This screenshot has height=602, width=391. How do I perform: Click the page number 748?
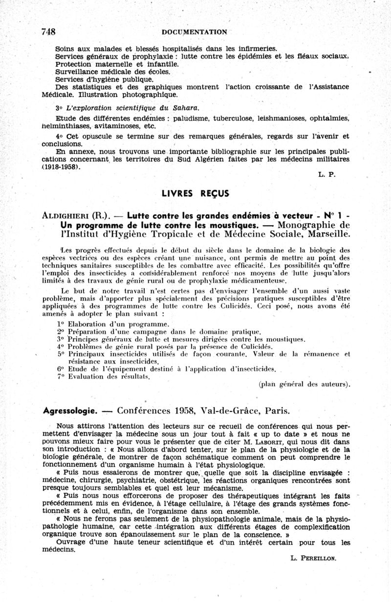coord(48,32)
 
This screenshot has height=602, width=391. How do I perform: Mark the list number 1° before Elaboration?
coord(61,324)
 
